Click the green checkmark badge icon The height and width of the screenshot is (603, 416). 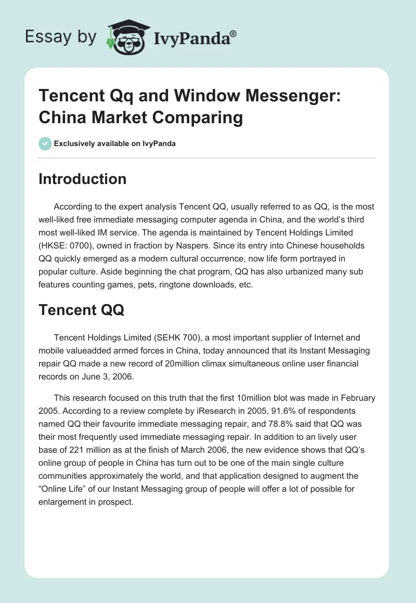click(45, 143)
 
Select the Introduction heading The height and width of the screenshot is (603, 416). click(83, 179)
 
